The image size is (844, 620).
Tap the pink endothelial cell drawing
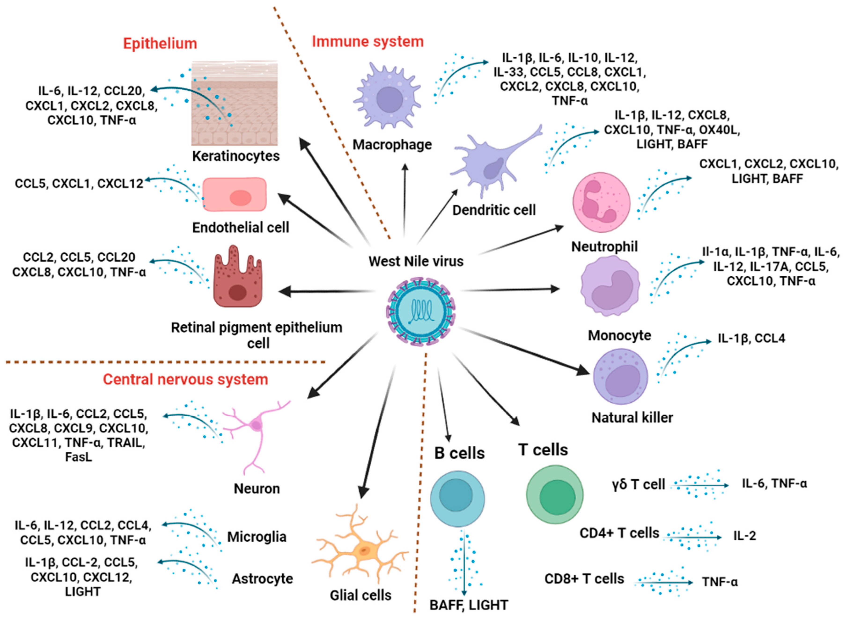coord(235,194)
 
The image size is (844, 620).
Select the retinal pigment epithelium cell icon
coord(238,278)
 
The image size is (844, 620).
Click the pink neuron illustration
coord(256,432)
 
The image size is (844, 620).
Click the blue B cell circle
coord(457,499)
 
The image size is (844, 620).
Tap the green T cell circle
coord(555,495)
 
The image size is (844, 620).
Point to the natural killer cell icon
coord(620,376)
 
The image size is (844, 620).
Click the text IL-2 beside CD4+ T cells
coord(744,536)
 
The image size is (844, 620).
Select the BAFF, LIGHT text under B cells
coord(468,605)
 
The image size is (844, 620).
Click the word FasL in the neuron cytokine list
coord(78,457)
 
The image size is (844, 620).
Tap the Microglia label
coord(257,537)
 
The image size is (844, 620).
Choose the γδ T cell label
coord(638,484)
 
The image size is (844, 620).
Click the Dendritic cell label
coord(494,210)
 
